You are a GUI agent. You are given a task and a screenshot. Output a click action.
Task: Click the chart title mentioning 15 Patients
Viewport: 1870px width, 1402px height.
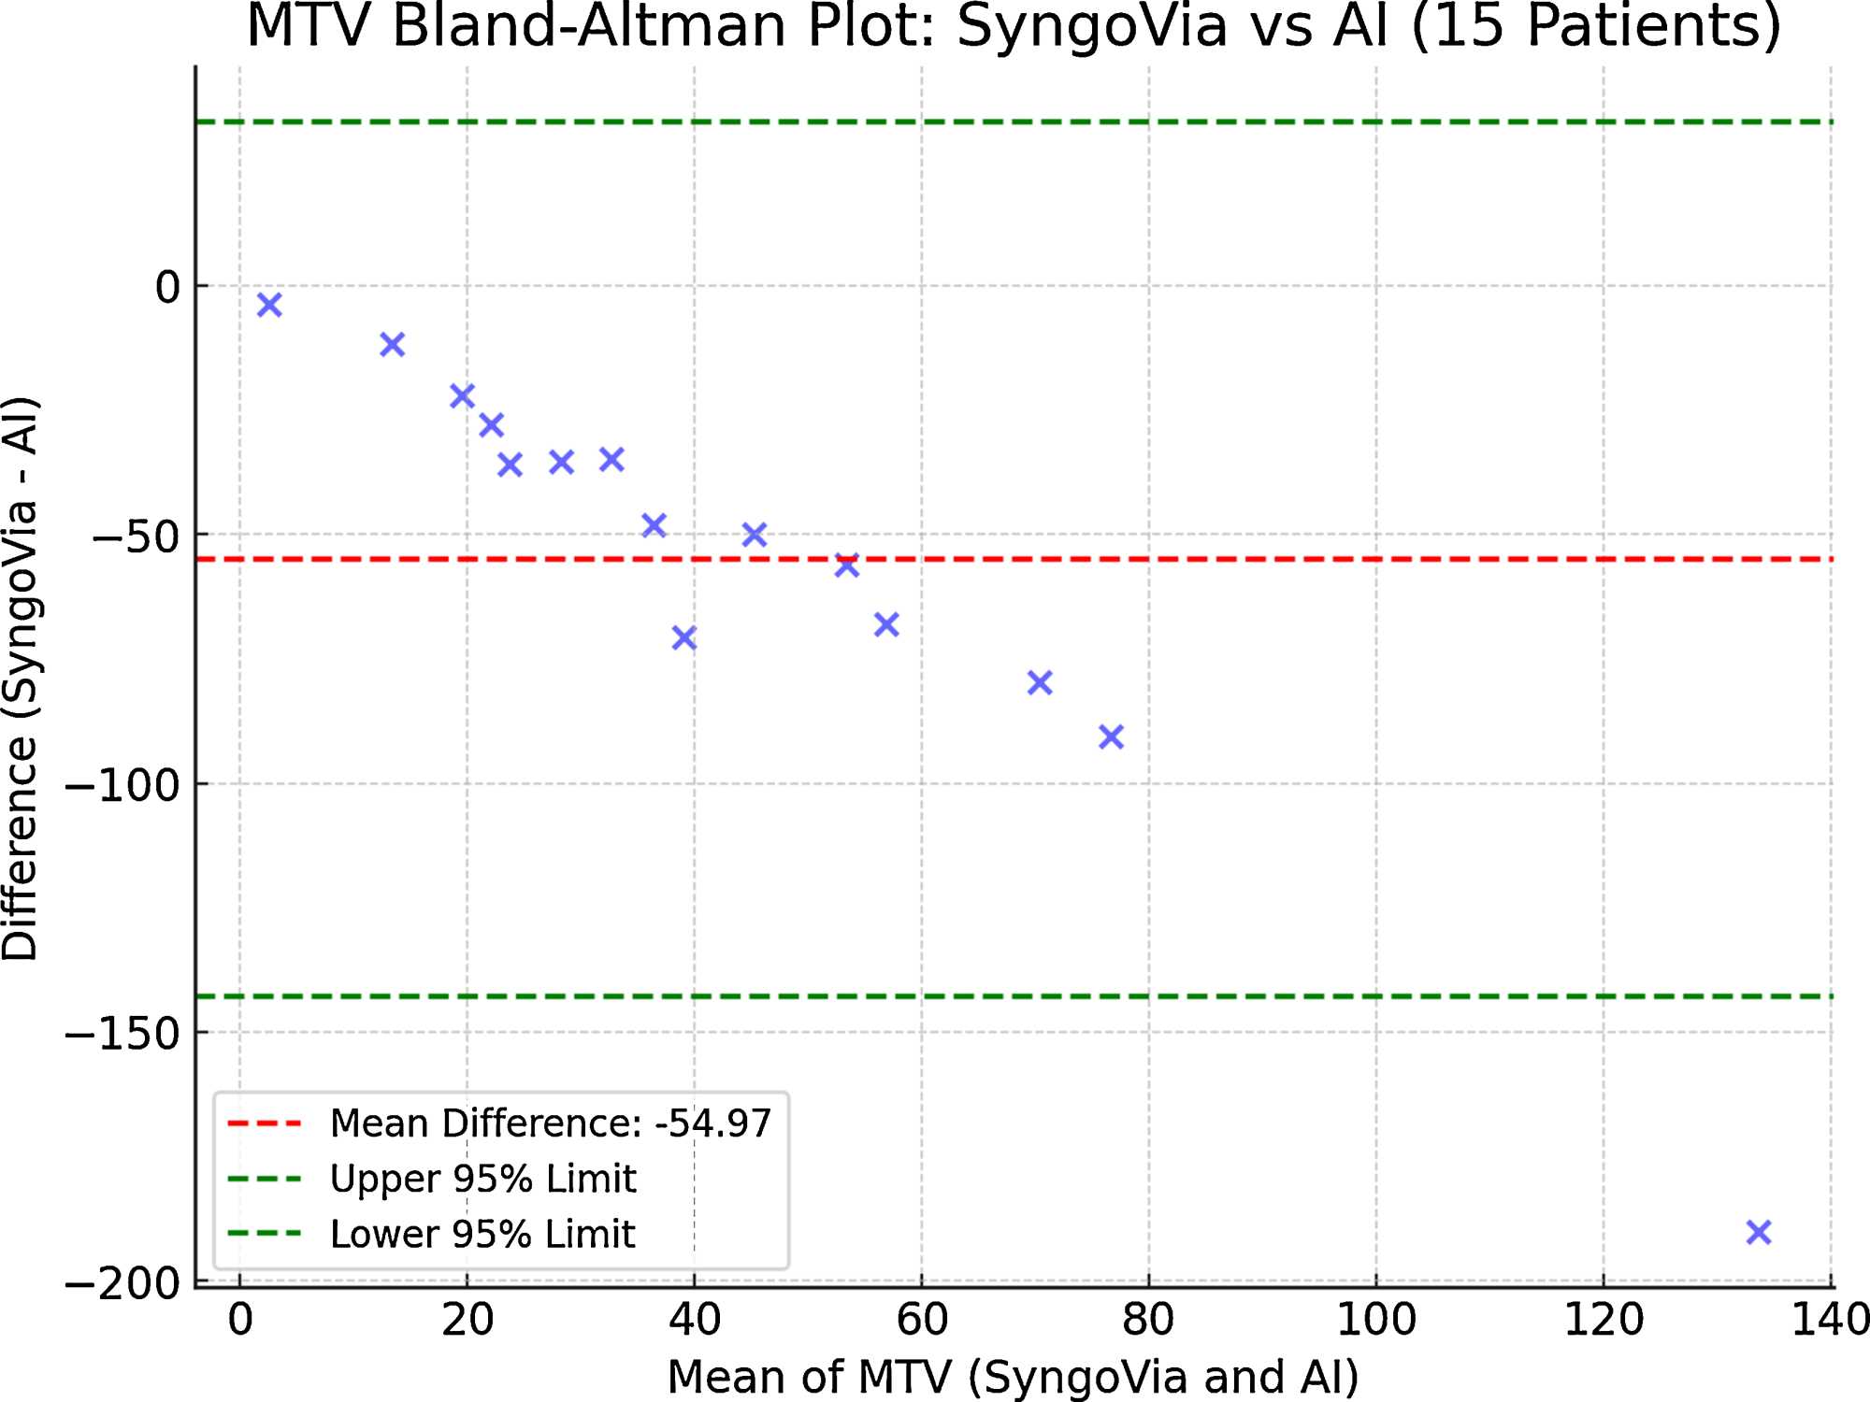pyautogui.click(x=1014, y=26)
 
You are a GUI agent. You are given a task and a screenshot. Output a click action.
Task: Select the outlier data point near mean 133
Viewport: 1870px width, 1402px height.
pyautogui.click(x=1759, y=1232)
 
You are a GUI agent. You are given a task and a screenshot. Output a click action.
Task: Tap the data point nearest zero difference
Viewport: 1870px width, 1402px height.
pyautogui.click(x=269, y=305)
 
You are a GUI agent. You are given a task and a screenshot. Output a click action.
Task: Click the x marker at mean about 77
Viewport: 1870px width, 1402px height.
pyautogui.click(x=1111, y=737)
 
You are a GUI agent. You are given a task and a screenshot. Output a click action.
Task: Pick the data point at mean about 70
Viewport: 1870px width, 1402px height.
pyautogui.click(x=1040, y=682)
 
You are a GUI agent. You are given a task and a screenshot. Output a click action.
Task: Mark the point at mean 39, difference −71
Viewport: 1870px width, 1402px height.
pyautogui.click(x=684, y=638)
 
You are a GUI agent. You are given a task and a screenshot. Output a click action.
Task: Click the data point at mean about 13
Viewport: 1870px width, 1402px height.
pyautogui.click(x=393, y=344)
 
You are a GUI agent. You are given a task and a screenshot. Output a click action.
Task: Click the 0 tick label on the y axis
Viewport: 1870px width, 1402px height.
pyautogui.click(x=167, y=288)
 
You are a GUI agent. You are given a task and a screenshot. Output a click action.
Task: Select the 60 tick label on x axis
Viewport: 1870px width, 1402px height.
pyautogui.click(x=922, y=1320)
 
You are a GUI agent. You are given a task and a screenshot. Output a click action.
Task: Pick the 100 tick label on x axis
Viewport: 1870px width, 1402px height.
pyautogui.click(x=1376, y=1320)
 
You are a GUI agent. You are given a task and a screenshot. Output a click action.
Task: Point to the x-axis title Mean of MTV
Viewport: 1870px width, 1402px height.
pyautogui.click(x=1014, y=1377)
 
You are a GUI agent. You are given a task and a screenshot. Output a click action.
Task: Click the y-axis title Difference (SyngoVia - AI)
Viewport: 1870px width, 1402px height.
pyautogui.click(x=21, y=679)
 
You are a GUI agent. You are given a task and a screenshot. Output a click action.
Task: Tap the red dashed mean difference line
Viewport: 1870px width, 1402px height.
pyautogui.click(x=1215, y=559)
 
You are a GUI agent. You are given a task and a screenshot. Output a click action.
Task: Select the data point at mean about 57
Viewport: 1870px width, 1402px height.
pyautogui.click(x=886, y=624)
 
